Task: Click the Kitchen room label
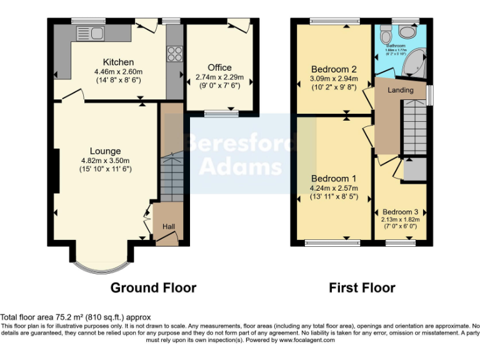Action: (118, 62)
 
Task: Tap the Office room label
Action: (219, 67)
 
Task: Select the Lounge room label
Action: (105, 151)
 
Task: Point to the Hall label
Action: (169, 226)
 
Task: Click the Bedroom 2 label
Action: (334, 69)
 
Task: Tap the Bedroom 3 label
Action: (401, 212)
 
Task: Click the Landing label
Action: (400, 90)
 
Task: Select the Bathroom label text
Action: (396, 46)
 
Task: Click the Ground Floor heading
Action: (153, 288)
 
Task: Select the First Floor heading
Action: (362, 288)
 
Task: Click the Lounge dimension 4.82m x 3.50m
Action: (105, 160)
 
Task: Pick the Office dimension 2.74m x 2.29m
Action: (219, 77)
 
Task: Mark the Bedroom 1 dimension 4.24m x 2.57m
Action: (334, 188)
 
